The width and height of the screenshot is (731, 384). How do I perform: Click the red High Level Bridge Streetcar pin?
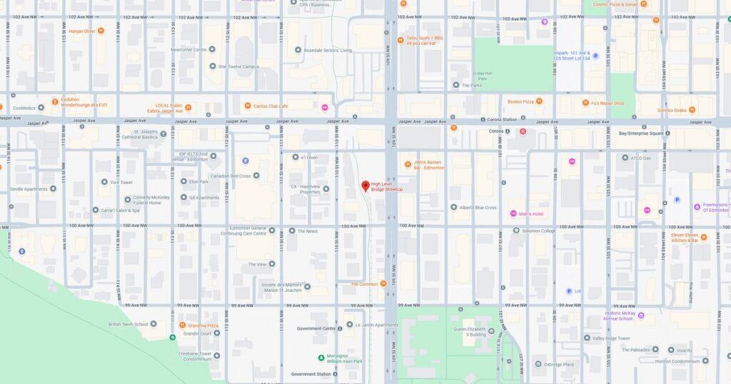pos(365,186)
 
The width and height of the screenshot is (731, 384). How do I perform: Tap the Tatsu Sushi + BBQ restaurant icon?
pos(401,40)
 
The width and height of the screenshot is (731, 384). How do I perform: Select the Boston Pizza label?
pos(520,102)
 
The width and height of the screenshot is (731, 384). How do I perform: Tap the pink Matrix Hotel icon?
pos(513,213)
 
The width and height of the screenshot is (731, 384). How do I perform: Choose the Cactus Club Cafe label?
pos(271,106)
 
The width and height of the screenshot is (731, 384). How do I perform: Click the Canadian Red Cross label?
pos(230,176)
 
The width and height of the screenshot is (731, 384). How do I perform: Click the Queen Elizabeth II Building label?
pos(470,331)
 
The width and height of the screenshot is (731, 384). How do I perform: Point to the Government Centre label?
pos(316,329)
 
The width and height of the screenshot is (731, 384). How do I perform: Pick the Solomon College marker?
pos(517,231)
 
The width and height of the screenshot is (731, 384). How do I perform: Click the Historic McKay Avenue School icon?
pos(641,315)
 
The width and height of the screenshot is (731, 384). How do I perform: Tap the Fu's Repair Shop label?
pos(608,103)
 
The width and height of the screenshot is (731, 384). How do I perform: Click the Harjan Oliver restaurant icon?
pos(101,31)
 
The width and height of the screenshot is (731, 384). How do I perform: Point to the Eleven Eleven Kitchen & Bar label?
pos(684,237)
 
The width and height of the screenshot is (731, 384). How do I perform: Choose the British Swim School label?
pos(128,324)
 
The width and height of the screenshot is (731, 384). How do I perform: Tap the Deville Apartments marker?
pos(53,189)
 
